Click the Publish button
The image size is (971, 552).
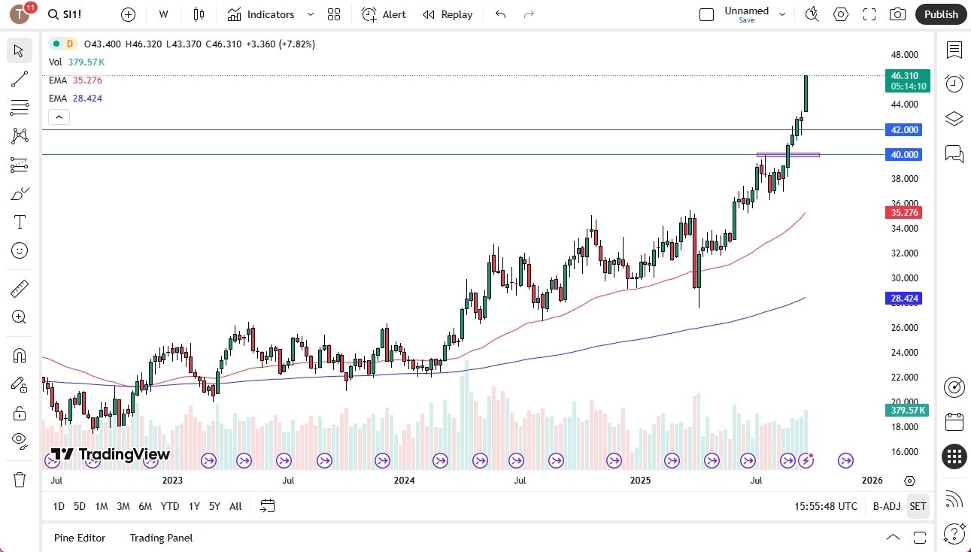(x=941, y=14)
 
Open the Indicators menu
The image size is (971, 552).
(x=261, y=14)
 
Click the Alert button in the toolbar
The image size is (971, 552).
(x=384, y=14)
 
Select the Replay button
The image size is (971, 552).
(x=448, y=14)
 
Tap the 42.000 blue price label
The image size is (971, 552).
(x=905, y=130)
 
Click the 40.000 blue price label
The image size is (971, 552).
(x=905, y=155)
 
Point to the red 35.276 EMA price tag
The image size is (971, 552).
(x=905, y=213)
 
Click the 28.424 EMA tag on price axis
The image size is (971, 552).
(x=905, y=299)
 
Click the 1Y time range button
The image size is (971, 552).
(x=194, y=506)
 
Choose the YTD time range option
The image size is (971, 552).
(x=170, y=506)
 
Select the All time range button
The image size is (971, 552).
(x=235, y=506)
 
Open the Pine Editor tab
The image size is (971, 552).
(x=80, y=538)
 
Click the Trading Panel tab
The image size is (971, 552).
(x=161, y=538)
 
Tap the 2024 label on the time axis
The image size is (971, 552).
(x=404, y=481)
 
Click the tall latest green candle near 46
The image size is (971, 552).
(x=806, y=94)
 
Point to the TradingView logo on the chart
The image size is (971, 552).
(x=110, y=454)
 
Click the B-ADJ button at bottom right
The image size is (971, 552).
(x=887, y=506)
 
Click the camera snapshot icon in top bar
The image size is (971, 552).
(x=897, y=14)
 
